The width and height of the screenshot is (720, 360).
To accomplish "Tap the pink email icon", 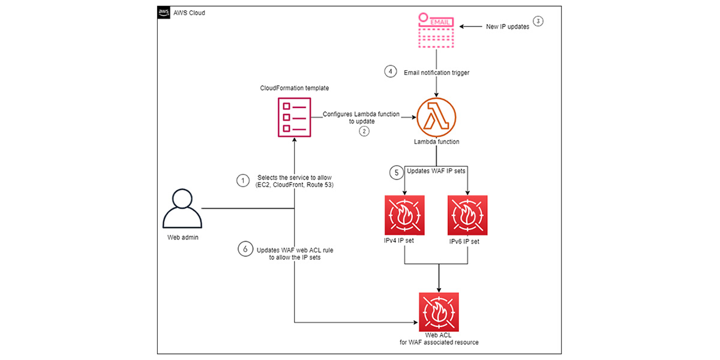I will (x=436, y=29).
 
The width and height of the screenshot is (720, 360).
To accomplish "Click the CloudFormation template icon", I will (x=294, y=118).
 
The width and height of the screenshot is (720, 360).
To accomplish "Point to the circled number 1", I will (x=242, y=181).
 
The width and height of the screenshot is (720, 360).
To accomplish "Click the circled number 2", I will (x=364, y=131).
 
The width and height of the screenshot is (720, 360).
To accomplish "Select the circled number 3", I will (x=538, y=21).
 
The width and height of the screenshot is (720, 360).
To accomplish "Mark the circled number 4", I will (x=391, y=71).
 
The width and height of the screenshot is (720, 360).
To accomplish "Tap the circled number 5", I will (x=395, y=172).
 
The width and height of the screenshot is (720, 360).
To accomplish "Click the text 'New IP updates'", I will (x=508, y=27).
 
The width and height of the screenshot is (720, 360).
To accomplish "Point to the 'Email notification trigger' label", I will (x=437, y=72).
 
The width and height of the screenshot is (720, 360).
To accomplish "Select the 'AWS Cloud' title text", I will (x=190, y=13).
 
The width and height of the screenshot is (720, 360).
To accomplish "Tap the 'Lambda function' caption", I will (x=436, y=143).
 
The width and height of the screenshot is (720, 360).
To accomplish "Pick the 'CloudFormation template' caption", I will (x=295, y=88).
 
